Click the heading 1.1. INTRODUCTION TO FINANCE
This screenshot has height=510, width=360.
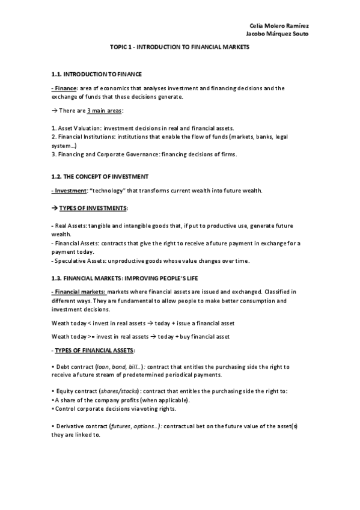coord(97,74)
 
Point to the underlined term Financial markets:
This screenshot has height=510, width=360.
coord(78,291)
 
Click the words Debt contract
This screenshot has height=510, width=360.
coord(75,366)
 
